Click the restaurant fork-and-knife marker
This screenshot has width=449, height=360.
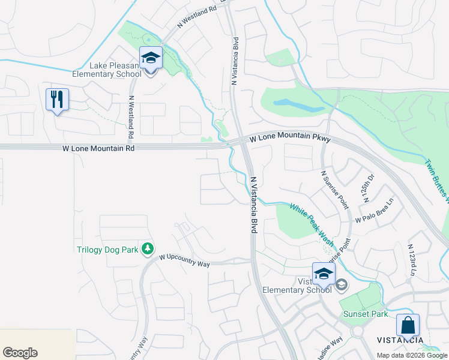pyautogui.click(x=57, y=99)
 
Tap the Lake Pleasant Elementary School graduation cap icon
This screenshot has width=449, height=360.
pyautogui.click(x=151, y=58)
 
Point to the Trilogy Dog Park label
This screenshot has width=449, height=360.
pyautogui.click(x=107, y=250)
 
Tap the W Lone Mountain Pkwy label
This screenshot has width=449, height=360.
pyautogui.click(x=290, y=138)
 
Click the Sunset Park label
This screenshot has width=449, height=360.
pyautogui.click(x=362, y=314)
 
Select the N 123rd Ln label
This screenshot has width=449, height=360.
pyautogui.click(x=411, y=260)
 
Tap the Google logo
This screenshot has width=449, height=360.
pyautogui.click(x=20, y=353)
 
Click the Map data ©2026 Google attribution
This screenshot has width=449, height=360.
pyautogui.click(x=412, y=355)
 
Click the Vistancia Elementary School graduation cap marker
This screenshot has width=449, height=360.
pyautogui.click(x=324, y=274)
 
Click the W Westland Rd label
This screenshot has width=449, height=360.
pyautogui.click(x=196, y=19)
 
